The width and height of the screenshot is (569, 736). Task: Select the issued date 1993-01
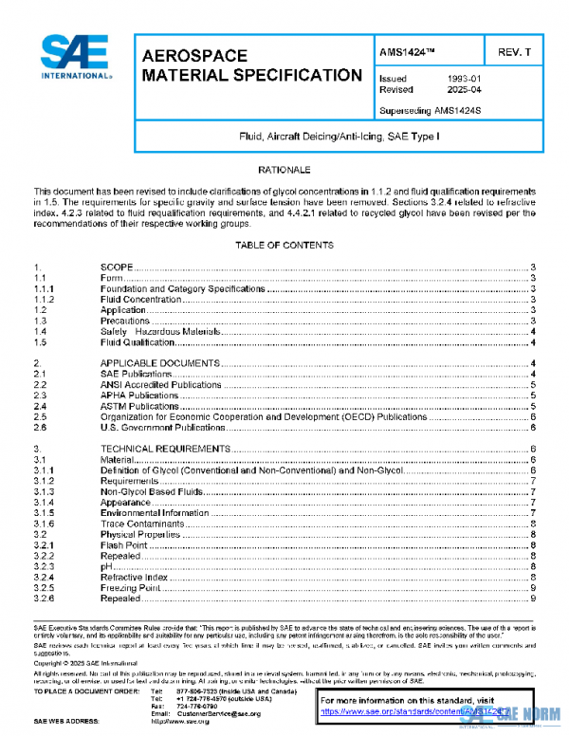[x=464, y=79]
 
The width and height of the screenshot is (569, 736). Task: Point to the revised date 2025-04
[x=464, y=90]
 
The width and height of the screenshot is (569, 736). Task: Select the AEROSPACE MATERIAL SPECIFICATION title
[x=250, y=66]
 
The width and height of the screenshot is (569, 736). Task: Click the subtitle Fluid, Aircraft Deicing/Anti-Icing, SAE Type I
[x=337, y=138]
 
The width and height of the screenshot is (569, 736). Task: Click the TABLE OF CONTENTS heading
[x=284, y=246]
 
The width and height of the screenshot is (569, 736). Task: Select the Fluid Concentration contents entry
[x=140, y=300]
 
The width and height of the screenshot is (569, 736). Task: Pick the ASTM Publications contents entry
[x=139, y=405]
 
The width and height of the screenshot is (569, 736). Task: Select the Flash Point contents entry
[x=123, y=544]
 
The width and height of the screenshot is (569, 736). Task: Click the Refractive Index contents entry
[x=134, y=577]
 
